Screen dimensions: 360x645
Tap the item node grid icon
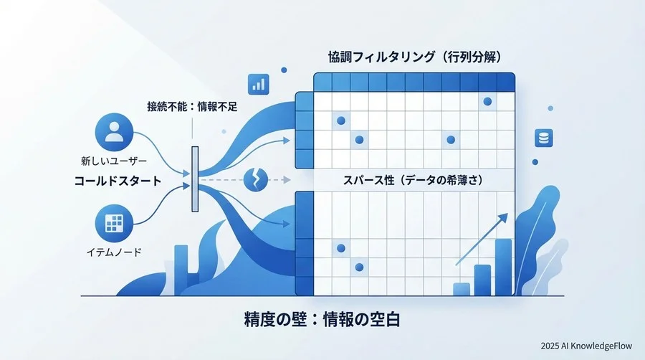(115, 224)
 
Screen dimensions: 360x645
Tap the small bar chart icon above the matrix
(256, 83)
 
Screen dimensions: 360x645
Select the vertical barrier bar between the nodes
(195, 179)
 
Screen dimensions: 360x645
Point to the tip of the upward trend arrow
(506, 214)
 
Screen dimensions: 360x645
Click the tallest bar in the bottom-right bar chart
(503, 267)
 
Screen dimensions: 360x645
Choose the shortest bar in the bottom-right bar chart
(462, 288)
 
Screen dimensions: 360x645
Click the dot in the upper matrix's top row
(487, 101)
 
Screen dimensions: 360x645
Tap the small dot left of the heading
(284, 70)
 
